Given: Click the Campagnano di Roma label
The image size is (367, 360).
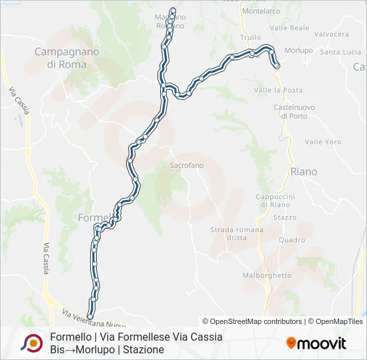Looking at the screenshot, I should click(67, 57).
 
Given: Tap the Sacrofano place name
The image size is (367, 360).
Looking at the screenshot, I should click(187, 165).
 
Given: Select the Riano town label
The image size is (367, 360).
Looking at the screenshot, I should click(304, 171).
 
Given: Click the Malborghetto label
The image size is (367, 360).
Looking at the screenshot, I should click(268, 275).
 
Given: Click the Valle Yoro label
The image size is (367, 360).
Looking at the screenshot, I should click(323, 142).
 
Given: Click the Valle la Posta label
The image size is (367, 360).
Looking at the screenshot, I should click(278, 90).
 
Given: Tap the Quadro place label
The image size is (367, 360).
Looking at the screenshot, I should click(292, 240).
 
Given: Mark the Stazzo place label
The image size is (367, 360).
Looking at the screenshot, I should click(285, 217).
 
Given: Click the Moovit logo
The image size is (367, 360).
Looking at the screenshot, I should click(316, 343).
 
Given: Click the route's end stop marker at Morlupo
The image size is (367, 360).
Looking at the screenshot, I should click(276, 66).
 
